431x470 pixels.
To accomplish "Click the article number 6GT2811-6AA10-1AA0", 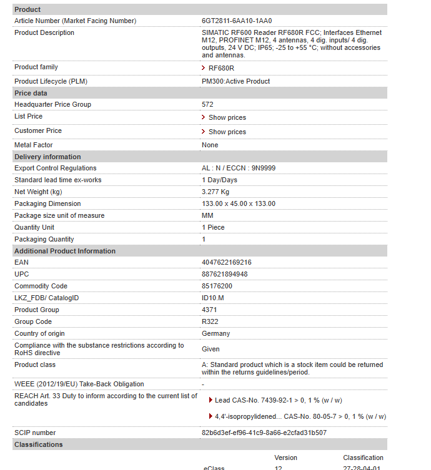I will coord(237,21).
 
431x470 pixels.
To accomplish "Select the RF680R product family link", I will coord(221,68).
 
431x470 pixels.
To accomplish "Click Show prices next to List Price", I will coord(227,117).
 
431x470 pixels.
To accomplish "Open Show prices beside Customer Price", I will coord(227,132).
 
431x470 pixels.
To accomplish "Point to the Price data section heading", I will coord(31,93).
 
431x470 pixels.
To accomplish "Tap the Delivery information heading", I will coord(47,157).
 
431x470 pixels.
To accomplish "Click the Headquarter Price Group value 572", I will coord(207,104).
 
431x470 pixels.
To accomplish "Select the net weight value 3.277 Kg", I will coord(215,192).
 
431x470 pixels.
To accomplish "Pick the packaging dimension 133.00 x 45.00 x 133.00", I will coord(239,203).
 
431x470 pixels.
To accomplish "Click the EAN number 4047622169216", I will coord(227,262).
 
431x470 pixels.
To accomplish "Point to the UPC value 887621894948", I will coord(225,274).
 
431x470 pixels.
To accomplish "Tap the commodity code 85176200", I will coord(217,286).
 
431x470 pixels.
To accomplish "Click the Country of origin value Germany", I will coord(215,333).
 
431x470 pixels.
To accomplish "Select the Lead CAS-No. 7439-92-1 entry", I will coord(278,400).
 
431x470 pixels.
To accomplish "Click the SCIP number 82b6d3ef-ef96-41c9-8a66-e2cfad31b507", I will coord(264,433).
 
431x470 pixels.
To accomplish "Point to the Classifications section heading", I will coord(39,444).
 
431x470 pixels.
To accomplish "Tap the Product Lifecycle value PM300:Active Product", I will coord(235,81).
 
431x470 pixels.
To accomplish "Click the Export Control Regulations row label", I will coord(56,168).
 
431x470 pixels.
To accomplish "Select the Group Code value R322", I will coord(210,321).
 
